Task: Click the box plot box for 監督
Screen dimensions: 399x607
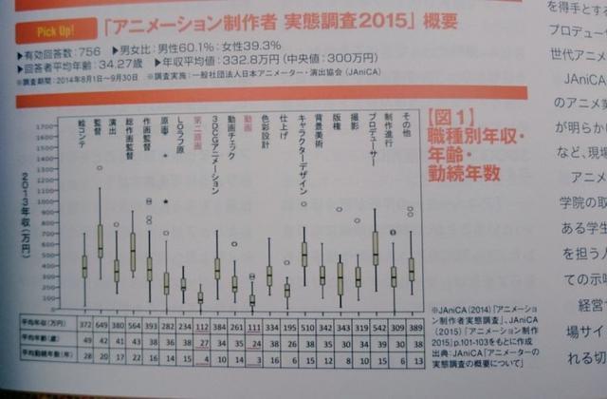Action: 99,239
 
